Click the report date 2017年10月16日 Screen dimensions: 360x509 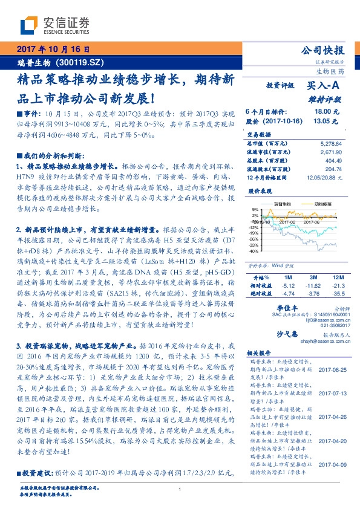51,49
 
